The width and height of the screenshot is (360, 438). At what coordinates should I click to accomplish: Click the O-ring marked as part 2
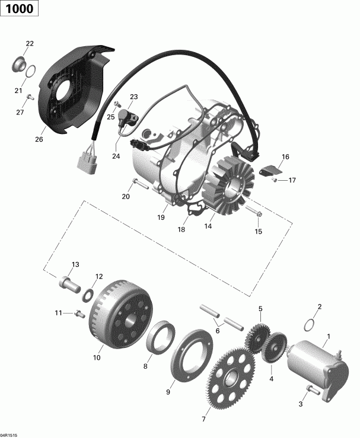tap(309, 325)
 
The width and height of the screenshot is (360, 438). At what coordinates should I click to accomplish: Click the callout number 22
tap(30, 43)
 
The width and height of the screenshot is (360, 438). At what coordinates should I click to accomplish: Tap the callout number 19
tap(161, 218)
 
